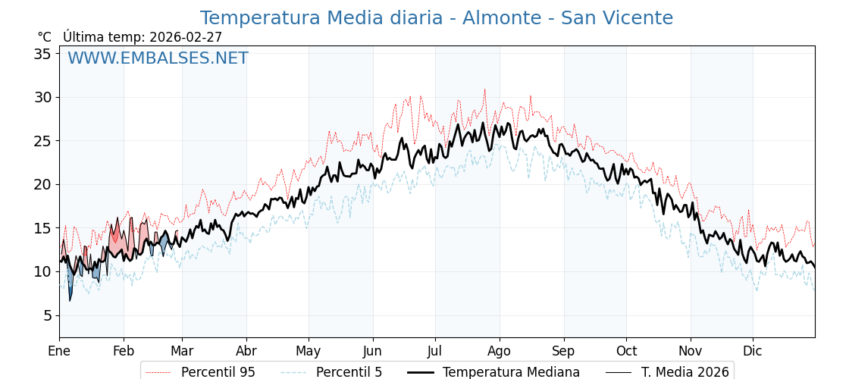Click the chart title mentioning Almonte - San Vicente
(x=436, y=18)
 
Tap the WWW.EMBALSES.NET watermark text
(x=158, y=58)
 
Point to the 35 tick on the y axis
(x=42, y=54)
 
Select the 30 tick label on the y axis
(x=42, y=97)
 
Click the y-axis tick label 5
(x=46, y=315)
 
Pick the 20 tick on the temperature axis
(x=42, y=184)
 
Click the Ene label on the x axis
(x=59, y=351)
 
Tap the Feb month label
(x=124, y=351)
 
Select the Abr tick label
(x=246, y=351)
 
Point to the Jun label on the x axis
(x=372, y=351)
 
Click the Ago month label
(x=500, y=351)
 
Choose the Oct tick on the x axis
(x=626, y=351)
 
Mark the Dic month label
(x=753, y=351)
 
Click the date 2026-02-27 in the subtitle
(x=186, y=37)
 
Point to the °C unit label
(x=45, y=37)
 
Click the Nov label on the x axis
(x=691, y=351)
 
